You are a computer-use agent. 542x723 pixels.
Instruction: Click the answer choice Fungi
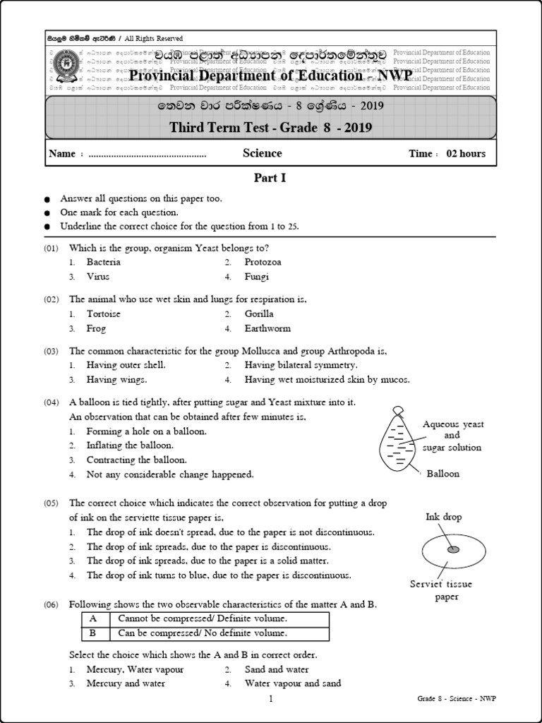click(x=257, y=277)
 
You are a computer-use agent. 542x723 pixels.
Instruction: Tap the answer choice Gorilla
click(x=259, y=313)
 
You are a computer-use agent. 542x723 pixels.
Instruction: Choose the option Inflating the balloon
click(x=129, y=446)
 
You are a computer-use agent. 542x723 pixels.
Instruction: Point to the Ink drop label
click(x=443, y=517)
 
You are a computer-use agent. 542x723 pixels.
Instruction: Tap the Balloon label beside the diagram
click(x=442, y=473)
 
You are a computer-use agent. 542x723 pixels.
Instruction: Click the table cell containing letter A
click(x=92, y=619)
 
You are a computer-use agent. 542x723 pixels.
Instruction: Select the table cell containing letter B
click(x=92, y=633)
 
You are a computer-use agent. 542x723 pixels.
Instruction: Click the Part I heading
click(x=270, y=179)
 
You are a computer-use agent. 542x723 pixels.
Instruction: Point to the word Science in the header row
click(x=262, y=153)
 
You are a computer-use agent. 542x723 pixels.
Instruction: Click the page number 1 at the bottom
click(x=270, y=699)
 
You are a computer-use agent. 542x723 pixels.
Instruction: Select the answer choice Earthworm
click(x=267, y=328)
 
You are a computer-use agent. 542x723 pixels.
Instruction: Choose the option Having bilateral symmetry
click(x=301, y=365)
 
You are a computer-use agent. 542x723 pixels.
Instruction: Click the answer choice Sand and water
click(x=277, y=669)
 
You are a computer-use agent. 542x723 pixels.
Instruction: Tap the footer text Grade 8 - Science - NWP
click(x=456, y=700)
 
